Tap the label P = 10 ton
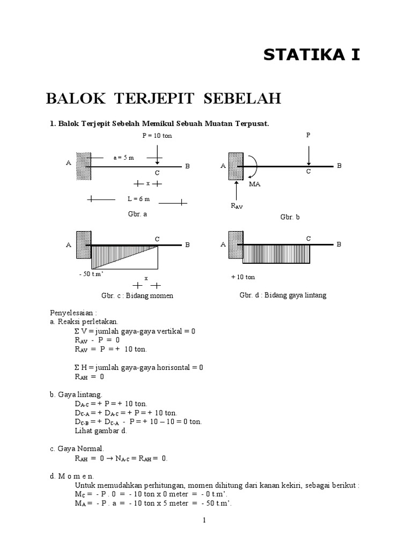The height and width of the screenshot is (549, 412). pyautogui.click(x=157, y=136)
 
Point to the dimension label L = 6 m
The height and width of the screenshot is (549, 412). pyautogui.click(x=138, y=198)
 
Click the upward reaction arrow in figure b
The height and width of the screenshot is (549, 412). pyautogui.click(x=236, y=191)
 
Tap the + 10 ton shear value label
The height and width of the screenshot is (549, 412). pyautogui.click(x=243, y=277)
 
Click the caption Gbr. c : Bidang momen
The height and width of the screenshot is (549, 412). pyautogui.click(x=137, y=295)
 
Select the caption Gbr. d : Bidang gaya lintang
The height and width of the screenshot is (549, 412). pyautogui.click(x=283, y=295)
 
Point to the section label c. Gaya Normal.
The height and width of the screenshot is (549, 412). pyautogui.click(x=78, y=448)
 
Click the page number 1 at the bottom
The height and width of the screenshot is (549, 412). pyautogui.click(x=205, y=520)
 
